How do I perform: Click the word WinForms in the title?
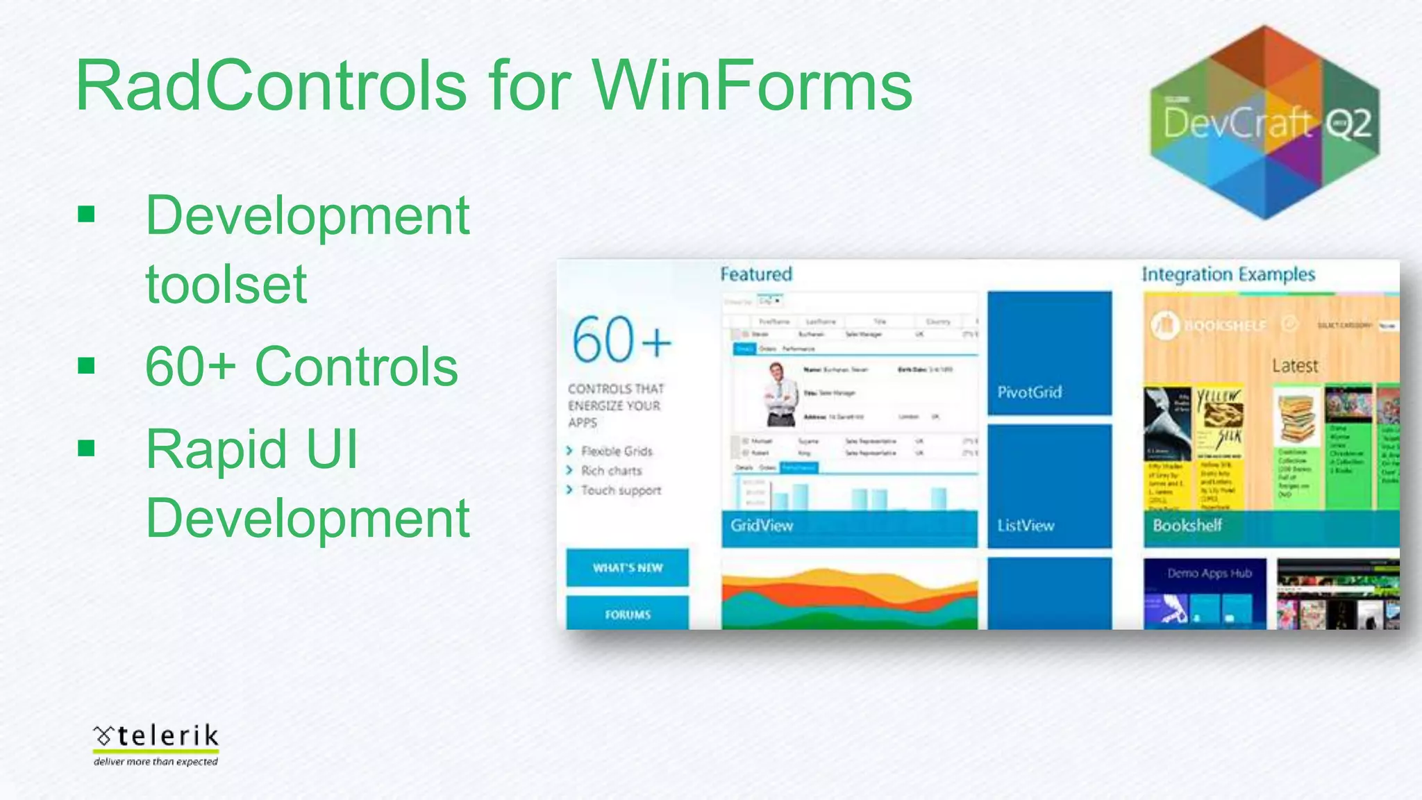pyautogui.click(x=751, y=86)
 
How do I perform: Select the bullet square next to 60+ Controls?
pyautogui.click(x=86, y=365)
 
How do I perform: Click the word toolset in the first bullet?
pyautogui.click(x=226, y=284)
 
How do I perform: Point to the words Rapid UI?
pyautogui.click(x=251, y=449)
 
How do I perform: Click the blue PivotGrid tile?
pyautogui.click(x=1049, y=353)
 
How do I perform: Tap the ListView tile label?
pyautogui.click(x=1026, y=526)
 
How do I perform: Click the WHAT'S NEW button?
pyautogui.click(x=627, y=567)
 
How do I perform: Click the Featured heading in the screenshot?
pyautogui.click(x=755, y=274)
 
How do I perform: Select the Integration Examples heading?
pyautogui.click(x=1228, y=274)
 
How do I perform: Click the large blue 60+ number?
pyautogui.click(x=621, y=340)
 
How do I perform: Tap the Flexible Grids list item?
pyautogui.click(x=617, y=451)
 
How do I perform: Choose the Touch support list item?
pyautogui.click(x=621, y=490)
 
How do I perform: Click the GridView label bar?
pyautogui.click(x=848, y=526)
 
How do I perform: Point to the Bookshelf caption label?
pyautogui.click(x=1187, y=526)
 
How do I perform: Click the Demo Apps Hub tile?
pyautogui.click(x=1205, y=592)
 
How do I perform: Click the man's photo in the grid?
pyautogui.click(x=780, y=394)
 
